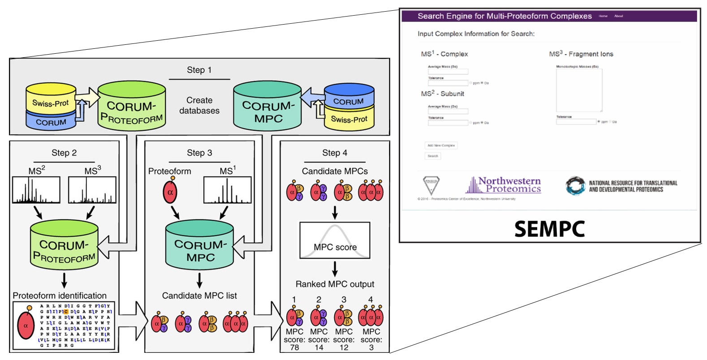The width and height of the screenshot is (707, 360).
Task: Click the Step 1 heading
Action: [199, 70]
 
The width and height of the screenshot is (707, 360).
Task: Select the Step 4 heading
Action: [334, 153]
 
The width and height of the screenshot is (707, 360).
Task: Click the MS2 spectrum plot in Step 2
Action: [36, 190]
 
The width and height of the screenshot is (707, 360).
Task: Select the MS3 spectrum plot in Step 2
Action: [92, 190]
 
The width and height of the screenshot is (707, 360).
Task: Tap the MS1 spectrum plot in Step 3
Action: [228, 190]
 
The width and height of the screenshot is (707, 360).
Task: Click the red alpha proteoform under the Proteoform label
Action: [170, 192]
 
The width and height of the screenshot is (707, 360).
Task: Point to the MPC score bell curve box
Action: [335, 240]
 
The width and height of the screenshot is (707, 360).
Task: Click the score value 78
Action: [294, 347]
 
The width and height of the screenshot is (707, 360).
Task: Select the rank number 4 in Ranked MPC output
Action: [371, 299]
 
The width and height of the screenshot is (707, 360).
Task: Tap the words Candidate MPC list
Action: [199, 296]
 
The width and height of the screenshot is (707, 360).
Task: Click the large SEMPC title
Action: [549, 229]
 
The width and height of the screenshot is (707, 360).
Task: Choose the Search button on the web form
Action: [433, 156]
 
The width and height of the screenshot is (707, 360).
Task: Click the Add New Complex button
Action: [441, 146]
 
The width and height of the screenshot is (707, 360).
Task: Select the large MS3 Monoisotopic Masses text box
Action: [579, 90]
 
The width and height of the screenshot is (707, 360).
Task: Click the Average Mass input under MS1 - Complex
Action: [448, 72]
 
